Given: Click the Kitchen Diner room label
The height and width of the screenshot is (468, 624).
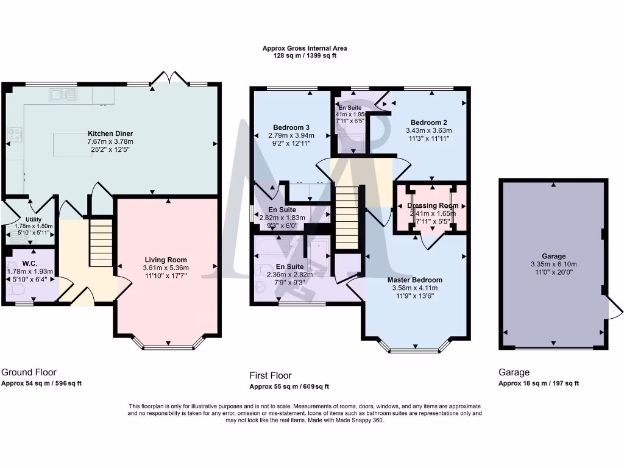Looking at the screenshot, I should click(110, 133).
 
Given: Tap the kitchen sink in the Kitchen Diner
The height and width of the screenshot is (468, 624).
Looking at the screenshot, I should click(62, 95).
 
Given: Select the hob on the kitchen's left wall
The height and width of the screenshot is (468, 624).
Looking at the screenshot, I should click(15, 135).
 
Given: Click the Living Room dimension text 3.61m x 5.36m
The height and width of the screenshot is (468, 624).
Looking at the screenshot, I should click(166, 268).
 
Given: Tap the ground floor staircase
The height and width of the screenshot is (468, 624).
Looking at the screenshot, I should click(102, 243).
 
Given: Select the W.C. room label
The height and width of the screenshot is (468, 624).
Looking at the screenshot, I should click(30, 263).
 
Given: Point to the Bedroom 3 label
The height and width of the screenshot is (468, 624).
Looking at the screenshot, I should click(289, 127).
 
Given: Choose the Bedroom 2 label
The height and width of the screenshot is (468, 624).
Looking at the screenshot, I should click(429, 122).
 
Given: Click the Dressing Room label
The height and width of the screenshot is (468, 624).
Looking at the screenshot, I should click(432, 206).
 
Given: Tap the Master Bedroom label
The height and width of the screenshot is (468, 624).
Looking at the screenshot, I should click(415, 280).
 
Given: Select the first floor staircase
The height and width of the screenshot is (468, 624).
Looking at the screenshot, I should click(347, 218).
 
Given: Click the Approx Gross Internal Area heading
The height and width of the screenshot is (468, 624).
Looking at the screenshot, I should click(305, 48).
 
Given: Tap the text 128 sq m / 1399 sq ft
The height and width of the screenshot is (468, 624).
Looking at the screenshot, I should click(305, 55).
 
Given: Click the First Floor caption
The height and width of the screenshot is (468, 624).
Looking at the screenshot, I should click(271, 375).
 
